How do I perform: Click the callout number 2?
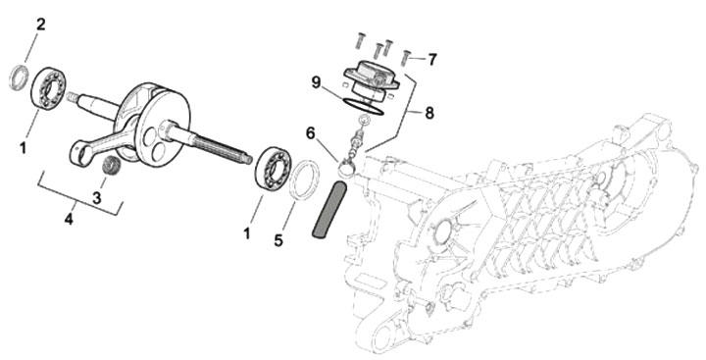(41, 25)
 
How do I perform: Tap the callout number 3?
(97, 197)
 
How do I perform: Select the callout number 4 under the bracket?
(69, 220)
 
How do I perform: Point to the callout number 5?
(278, 240)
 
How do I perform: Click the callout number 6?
(310, 133)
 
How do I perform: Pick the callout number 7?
(432, 59)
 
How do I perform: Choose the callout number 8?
(429, 113)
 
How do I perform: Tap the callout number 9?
(316, 83)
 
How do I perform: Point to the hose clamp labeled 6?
(347, 169)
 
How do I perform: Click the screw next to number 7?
(406, 58)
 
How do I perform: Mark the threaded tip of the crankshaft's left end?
(72, 96)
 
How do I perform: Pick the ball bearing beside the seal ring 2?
(49, 87)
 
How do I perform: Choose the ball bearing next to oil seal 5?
(273, 168)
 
